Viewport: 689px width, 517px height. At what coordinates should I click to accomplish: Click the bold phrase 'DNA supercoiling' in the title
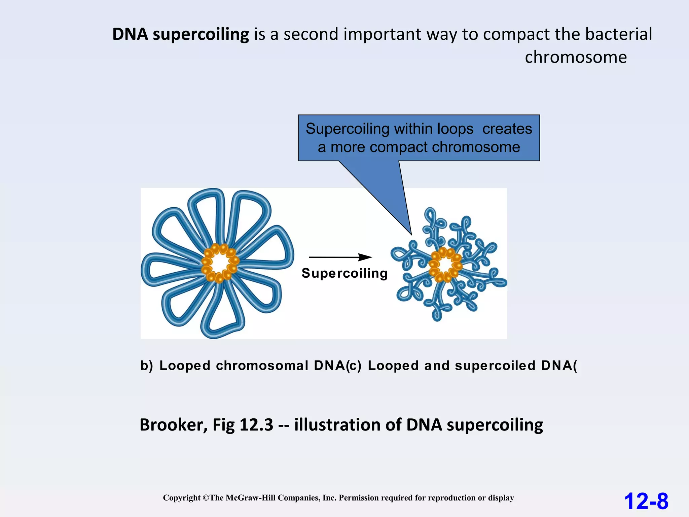click(x=181, y=34)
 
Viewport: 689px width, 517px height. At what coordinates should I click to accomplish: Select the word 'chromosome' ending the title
click(x=576, y=57)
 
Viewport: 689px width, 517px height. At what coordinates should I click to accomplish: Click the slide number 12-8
click(x=646, y=501)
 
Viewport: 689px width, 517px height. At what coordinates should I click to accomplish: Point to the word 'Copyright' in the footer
click(x=182, y=498)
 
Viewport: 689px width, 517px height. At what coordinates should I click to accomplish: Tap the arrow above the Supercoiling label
click(x=340, y=257)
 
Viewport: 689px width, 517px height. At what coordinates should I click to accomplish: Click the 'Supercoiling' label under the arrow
click(x=344, y=273)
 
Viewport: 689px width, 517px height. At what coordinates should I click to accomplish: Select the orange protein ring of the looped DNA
click(x=220, y=263)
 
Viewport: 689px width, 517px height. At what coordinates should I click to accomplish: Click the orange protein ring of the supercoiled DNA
click(x=445, y=265)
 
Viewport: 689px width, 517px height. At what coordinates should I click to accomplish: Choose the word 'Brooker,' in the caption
click(x=174, y=425)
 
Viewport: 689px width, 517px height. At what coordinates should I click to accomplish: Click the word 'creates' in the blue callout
click(x=507, y=129)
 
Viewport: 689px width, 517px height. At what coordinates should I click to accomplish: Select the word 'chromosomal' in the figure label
click(x=262, y=366)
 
